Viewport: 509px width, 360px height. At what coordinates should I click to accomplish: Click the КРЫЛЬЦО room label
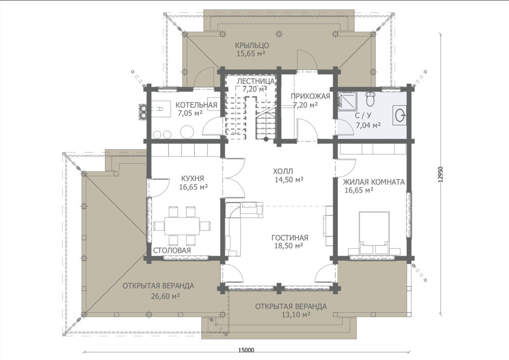point(252,45)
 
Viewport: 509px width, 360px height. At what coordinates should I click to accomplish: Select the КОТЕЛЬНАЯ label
point(196,105)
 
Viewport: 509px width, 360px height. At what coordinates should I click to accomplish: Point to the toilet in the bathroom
point(370,99)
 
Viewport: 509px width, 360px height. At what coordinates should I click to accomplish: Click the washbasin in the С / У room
point(399,115)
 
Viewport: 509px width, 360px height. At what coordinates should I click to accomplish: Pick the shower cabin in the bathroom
point(347,100)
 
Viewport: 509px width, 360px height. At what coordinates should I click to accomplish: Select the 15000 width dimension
point(246,350)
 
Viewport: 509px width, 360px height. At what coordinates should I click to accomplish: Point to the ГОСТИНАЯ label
point(289,238)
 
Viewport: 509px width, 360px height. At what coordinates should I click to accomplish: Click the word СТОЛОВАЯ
point(172,250)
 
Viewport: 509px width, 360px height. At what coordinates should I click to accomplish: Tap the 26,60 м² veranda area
point(166,296)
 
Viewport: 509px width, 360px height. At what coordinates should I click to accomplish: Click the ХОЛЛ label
point(283,171)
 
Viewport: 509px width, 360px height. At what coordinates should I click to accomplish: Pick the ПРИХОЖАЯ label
point(310,96)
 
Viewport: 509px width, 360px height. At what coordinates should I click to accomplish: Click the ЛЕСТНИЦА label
point(256,81)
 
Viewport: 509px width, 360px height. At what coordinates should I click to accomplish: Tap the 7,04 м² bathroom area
point(368,125)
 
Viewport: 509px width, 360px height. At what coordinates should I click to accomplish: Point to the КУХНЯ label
point(192,178)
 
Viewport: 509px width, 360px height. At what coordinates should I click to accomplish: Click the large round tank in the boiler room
point(187,132)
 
